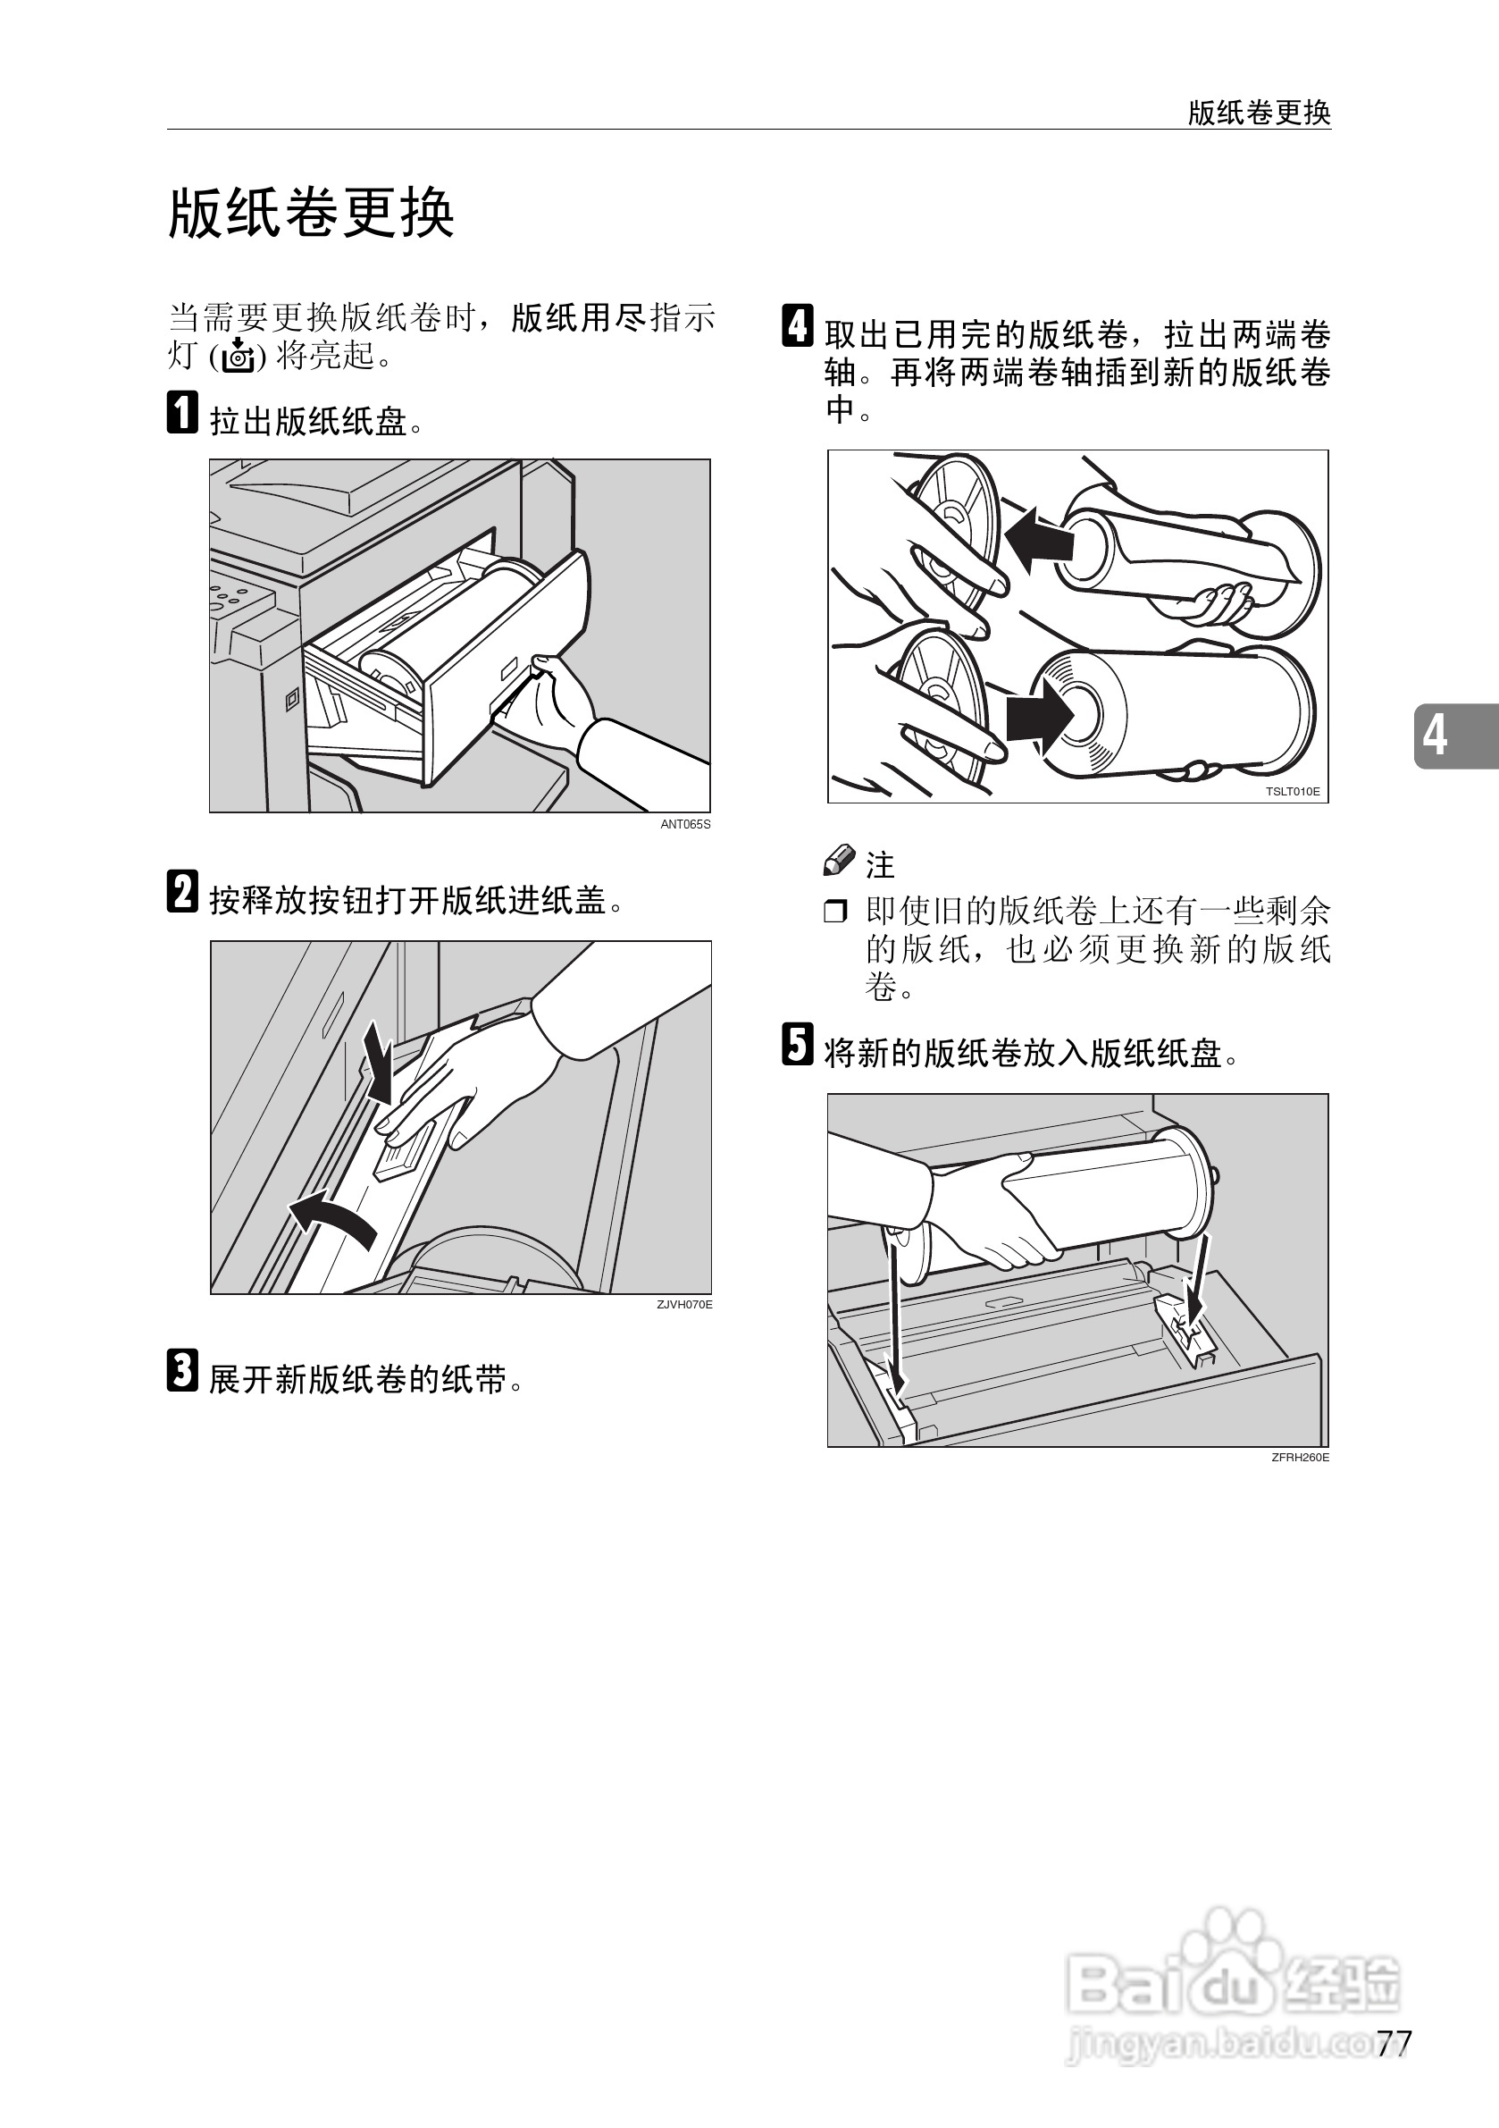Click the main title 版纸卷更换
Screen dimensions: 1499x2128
[311, 214]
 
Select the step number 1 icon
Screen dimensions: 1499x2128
[182, 412]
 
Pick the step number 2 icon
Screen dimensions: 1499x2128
[182, 892]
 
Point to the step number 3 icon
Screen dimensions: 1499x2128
[182, 1371]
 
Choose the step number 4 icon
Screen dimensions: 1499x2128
[798, 325]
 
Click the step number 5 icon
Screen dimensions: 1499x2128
[798, 1045]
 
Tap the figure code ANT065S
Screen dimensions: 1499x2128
[685, 825]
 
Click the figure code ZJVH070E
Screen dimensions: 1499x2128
[684, 1305]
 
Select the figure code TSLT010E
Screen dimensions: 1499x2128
[1293, 793]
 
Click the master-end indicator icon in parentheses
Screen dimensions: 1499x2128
[239, 355]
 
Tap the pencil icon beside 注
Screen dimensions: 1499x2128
[840, 860]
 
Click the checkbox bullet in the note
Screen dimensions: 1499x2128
[835, 912]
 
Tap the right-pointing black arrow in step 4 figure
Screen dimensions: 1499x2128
[1040, 717]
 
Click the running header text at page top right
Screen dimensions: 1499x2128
[1259, 114]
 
